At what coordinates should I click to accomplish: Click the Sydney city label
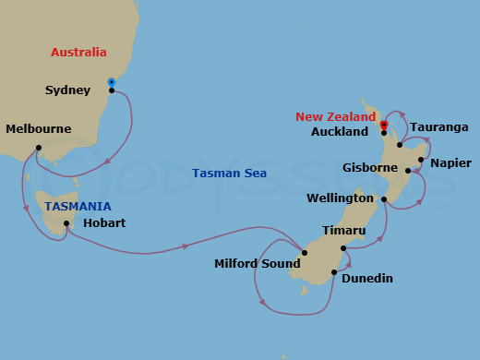67,90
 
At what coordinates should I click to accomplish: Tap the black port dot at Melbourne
38,148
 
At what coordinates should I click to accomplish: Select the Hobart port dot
66,223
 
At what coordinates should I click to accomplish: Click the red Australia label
78,53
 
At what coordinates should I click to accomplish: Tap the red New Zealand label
335,117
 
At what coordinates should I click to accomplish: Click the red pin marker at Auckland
383,125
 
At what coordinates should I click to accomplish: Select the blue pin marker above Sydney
112,81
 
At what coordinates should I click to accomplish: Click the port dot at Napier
421,160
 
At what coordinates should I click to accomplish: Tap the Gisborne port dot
407,170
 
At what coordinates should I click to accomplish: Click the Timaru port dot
342,247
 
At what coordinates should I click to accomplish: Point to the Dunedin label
367,278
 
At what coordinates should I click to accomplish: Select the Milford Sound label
258,263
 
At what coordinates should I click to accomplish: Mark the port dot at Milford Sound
304,252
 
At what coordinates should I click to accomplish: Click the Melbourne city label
38,129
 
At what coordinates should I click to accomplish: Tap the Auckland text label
340,132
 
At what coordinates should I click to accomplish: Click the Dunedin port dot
334,272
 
